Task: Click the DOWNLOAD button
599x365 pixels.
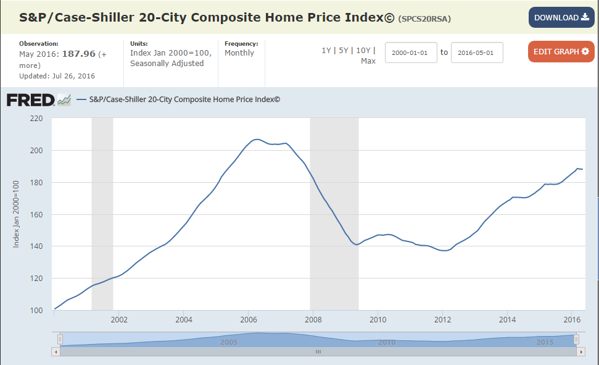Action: tap(561, 17)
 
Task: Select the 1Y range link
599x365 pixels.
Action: tap(326, 51)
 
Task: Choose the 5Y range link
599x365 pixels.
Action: tap(344, 51)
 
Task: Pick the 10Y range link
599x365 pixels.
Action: tap(364, 51)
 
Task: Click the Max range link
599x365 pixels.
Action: tap(368, 61)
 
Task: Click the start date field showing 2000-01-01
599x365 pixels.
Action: tap(411, 52)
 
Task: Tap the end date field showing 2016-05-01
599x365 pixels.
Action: tap(477, 52)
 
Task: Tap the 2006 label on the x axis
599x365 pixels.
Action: tap(248, 320)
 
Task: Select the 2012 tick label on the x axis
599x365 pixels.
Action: tap(443, 320)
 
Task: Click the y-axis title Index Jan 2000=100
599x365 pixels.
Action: tap(17, 214)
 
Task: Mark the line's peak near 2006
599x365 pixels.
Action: tap(257, 140)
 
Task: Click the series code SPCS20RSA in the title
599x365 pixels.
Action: tap(425, 19)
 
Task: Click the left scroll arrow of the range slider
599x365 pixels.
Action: tap(56, 351)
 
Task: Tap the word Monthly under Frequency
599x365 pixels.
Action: tap(239, 53)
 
